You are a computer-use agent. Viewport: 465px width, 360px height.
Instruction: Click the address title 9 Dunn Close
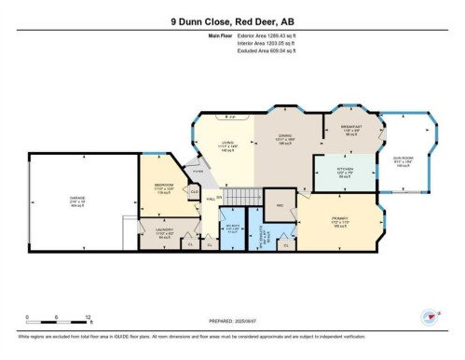[x=232, y=21]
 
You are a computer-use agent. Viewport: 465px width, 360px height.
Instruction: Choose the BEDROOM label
[x=165, y=187]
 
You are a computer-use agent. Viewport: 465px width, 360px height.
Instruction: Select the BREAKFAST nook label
[x=351, y=129]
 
